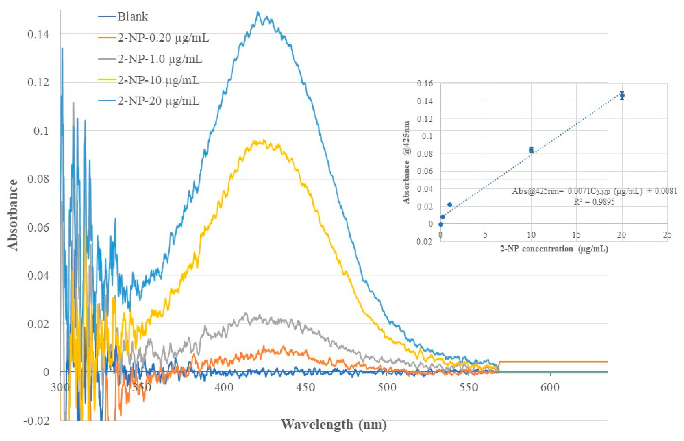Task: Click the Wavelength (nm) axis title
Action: pyautogui.click(x=334, y=424)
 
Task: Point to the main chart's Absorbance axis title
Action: pyautogui.click(x=13, y=215)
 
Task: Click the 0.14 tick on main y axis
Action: pyautogui.click(x=38, y=34)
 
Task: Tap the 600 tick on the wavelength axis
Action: pyautogui.click(x=550, y=388)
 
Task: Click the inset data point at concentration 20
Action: pyautogui.click(x=622, y=95)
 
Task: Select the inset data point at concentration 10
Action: pyautogui.click(x=531, y=149)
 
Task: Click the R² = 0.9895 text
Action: pyautogui.click(x=594, y=202)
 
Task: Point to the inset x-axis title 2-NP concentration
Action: pyautogui.click(x=554, y=248)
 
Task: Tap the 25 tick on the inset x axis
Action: pyautogui.click(x=667, y=235)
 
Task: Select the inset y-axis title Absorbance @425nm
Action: pyautogui.click(x=406, y=162)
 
